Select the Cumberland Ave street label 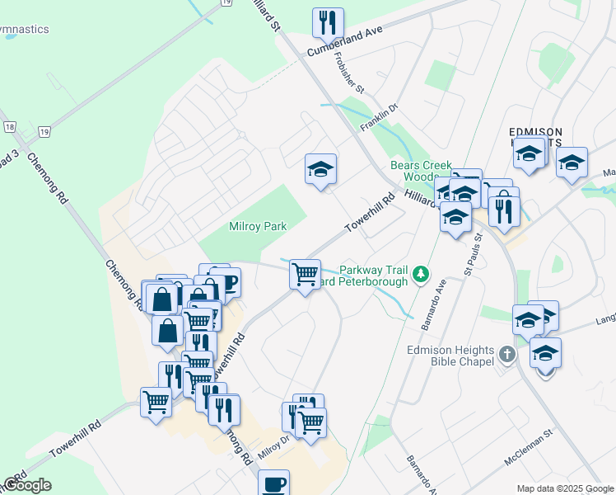[346, 42]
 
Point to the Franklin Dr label [380, 117]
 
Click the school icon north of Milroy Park [320, 169]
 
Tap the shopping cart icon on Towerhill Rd [305, 273]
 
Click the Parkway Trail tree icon [421, 272]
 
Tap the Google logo [27, 485]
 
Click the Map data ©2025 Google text [564, 488]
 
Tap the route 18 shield [10, 126]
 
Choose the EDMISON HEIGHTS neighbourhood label [535, 137]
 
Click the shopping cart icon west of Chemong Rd [156, 403]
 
